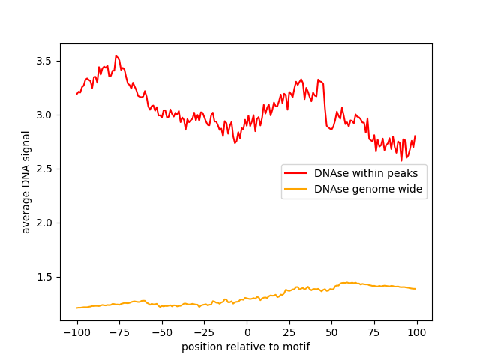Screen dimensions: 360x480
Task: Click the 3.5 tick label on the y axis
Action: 46,61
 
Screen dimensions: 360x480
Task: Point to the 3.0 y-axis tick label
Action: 46,115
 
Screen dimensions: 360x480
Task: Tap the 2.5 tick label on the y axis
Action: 46,169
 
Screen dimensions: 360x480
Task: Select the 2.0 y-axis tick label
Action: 46,223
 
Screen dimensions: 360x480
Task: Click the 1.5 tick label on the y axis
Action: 46,277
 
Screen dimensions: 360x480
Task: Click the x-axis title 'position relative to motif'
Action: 246,346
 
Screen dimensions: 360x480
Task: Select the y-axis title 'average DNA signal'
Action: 26,182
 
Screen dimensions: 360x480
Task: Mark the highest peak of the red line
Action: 116,55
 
